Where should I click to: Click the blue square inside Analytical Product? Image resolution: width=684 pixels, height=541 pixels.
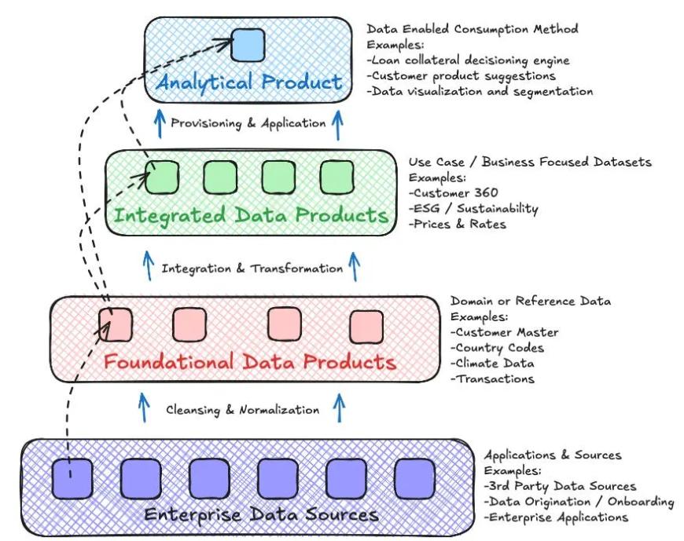(x=248, y=44)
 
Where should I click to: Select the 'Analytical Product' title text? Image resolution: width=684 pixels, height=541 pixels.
(x=248, y=82)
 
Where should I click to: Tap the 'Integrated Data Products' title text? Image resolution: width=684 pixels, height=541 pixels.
(x=252, y=215)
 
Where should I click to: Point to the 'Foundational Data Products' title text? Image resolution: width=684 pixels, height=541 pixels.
(x=250, y=362)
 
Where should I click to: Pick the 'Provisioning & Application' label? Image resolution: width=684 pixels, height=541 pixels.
(x=248, y=122)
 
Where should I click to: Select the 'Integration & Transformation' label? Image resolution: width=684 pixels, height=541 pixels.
(x=252, y=269)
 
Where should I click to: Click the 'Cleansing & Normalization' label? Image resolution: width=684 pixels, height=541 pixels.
(x=243, y=410)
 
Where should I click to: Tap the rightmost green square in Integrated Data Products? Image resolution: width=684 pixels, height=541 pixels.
(x=336, y=177)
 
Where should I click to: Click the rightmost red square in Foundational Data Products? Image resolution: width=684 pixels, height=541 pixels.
(x=366, y=327)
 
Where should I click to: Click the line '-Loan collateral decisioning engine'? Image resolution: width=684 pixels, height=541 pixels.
(x=468, y=60)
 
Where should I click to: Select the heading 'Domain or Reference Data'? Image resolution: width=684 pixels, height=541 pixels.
(x=530, y=301)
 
